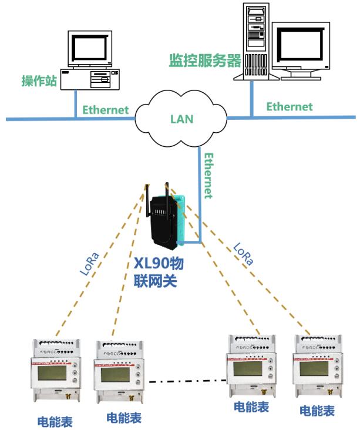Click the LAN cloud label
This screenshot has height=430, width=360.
pyautogui.click(x=181, y=119)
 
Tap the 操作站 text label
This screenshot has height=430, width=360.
pyautogui.click(x=39, y=81)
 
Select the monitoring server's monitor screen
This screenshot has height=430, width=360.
pyautogui.click(x=300, y=45)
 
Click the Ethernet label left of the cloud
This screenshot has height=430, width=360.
pyautogui.click(x=105, y=109)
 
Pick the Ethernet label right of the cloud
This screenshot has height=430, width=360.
pyautogui.click(x=289, y=106)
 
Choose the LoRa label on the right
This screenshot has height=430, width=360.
pyautogui.click(x=243, y=254)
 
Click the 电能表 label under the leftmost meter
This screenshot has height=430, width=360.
pyautogui.click(x=55, y=421)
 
